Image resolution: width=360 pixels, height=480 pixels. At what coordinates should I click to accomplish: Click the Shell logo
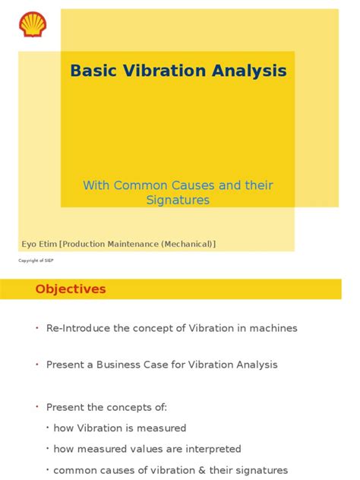tap(33, 24)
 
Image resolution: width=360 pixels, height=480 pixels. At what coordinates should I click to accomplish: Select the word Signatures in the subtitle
tap(178, 201)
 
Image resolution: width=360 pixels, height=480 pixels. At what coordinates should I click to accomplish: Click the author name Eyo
tap(28, 244)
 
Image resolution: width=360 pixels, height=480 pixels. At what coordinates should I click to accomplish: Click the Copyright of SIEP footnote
tap(36, 261)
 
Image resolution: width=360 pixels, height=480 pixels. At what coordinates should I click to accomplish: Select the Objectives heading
tap(71, 289)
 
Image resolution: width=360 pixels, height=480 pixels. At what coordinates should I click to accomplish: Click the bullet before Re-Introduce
tap(36, 328)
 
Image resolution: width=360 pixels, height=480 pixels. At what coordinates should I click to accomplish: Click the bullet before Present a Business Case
tap(36, 365)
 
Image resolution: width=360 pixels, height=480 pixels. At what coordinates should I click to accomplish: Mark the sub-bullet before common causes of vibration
tap(49, 469)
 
